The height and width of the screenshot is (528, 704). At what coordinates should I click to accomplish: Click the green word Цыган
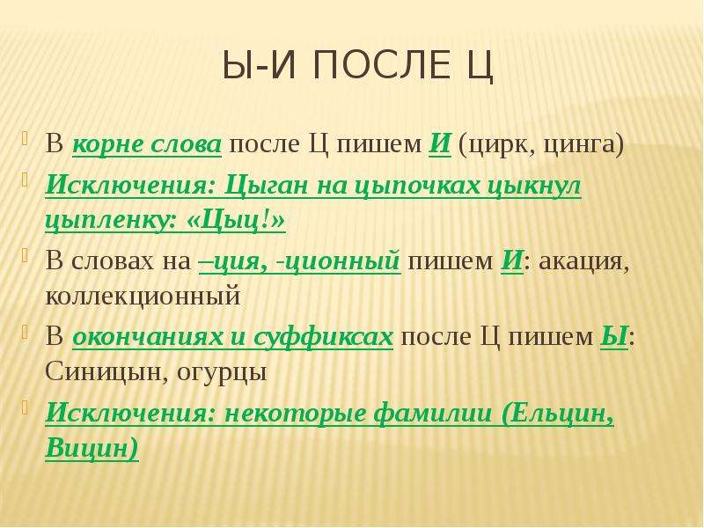point(267,185)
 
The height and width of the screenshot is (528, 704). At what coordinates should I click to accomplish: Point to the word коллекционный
point(143,296)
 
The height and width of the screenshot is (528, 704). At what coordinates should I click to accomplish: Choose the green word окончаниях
point(148,337)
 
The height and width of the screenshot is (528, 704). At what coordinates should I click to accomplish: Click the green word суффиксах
point(323,336)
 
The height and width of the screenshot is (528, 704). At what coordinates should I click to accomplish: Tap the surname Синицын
point(106,371)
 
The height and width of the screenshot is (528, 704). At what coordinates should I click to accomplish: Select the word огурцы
point(222,372)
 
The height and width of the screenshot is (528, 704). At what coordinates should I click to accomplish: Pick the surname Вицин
point(92,448)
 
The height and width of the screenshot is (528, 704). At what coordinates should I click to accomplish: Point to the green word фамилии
point(433,412)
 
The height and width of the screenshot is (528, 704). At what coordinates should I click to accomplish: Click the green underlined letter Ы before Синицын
point(613,337)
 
